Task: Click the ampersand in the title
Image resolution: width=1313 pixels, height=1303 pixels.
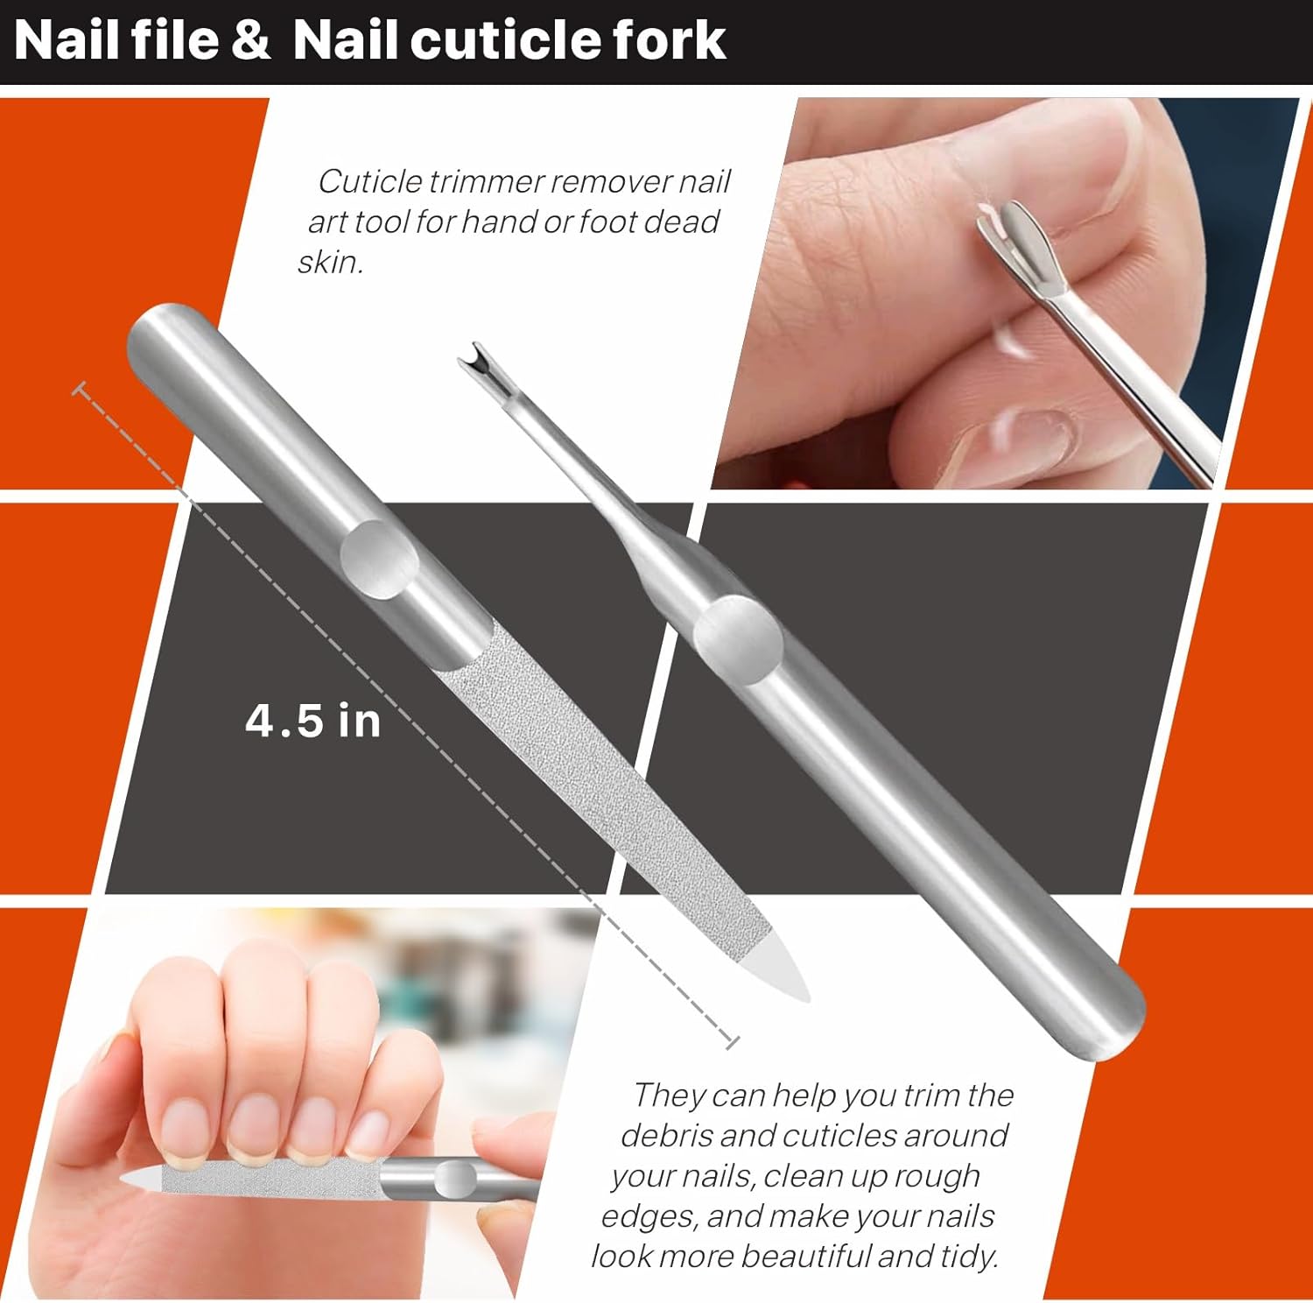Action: pos(251,41)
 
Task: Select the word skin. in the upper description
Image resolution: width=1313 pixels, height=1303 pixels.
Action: pos(330,262)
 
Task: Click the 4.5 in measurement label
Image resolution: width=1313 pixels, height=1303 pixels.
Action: pos(312,722)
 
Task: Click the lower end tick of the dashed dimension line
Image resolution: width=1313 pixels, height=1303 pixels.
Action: pos(732,1041)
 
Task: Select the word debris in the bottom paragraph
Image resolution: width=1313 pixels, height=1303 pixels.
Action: pos(666,1135)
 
